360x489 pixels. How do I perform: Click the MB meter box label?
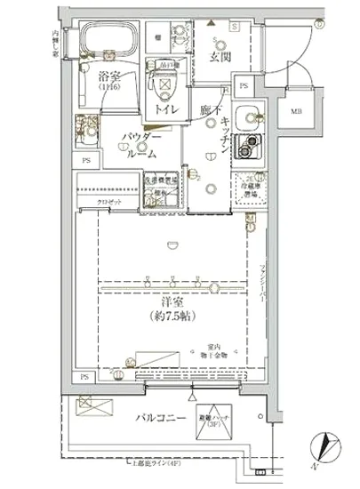click(294, 111)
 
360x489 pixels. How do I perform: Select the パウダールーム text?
click(140, 146)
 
